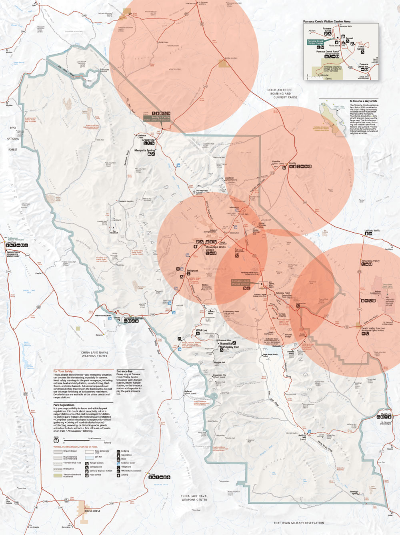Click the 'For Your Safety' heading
pyautogui.click(x=63, y=371)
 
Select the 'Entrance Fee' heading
pyautogui.click(x=124, y=371)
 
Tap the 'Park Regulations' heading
pyautogui.click(x=64, y=405)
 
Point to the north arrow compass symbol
pyautogui.click(x=56, y=440)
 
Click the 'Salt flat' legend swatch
pyautogui.click(x=89, y=457)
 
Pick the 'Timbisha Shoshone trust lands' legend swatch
pyautogui.click(x=58, y=475)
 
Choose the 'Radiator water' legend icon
pyautogui.click(x=118, y=463)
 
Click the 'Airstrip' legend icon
pyautogui.click(x=118, y=475)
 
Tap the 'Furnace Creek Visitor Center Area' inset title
pyautogui.click(x=326, y=22)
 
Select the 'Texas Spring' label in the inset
pyautogui.click(x=361, y=48)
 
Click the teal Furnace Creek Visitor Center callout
pyautogui.click(x=316, y=42)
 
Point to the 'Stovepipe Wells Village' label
pyautogui.click(x=215, y=248)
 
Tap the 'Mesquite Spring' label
pyautogui.click(x=144, y=151)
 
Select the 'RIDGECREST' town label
pyautogui.click(x=92, y=511)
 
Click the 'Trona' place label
pyautogui.click(x=152, y=475)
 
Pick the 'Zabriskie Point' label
pyautogui.click(x=282, y=293)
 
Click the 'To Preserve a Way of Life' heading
pyautogui.click(x=363, y=101)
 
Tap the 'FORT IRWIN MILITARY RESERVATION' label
pyautogui.click(x=299, y=523)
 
